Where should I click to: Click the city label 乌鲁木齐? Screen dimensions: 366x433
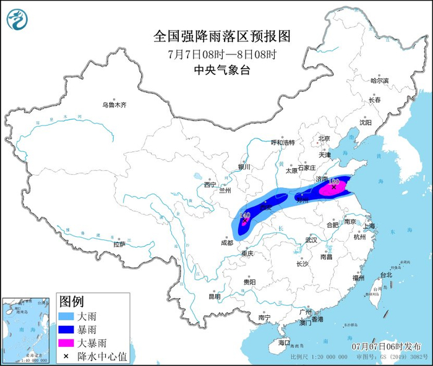click(x=114, y=105)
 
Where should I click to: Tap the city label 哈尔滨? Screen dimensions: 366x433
click(x=379, y=81)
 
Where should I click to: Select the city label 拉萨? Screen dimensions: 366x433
click(x=119, y=244)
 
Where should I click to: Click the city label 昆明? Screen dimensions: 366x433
click(x=214, y=296)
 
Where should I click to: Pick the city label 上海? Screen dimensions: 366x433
click(x=370, y=226)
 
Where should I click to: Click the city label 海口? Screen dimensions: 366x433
click(x=284, y=343)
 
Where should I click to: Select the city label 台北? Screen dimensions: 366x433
click(x=385, y=274)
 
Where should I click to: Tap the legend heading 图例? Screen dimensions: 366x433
click(x=71, y=302)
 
